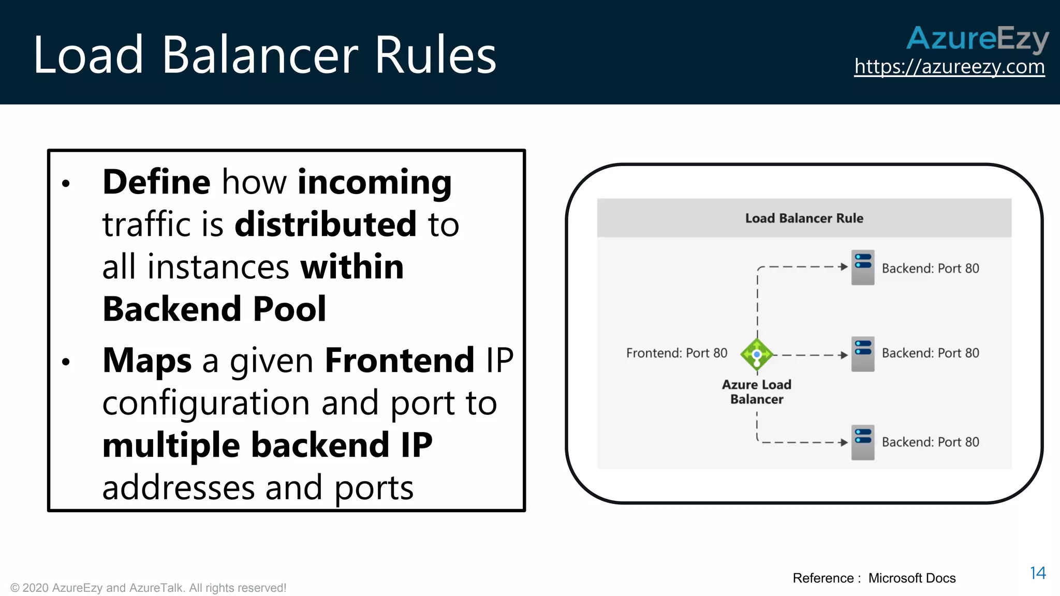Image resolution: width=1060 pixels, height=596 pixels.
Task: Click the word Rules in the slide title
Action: [x=435, y=55]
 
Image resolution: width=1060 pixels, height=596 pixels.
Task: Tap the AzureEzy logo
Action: [x=977, y=38]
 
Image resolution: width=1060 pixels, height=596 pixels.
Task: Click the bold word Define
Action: [x=156, y=182]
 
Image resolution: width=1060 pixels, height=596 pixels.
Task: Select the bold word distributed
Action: [x=326, y=225]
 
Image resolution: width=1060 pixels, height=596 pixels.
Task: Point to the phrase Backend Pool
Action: [x=214, y=309]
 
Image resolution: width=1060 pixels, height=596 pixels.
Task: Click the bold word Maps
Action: [x=147, y=361]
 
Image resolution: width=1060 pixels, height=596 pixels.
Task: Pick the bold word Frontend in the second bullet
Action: [x=399, y=361]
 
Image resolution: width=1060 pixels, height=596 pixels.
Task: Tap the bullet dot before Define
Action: [x=66, y=184]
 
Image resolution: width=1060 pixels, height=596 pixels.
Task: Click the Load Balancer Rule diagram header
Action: [x=804, y=218]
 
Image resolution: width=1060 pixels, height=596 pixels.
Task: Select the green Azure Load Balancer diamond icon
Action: [x=757, y=354]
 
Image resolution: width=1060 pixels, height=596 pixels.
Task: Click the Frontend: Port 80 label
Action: [x=676, y=353]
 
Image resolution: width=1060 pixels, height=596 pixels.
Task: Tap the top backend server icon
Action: [x=863, y=267]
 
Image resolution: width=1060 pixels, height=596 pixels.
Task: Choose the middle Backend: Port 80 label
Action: [x=930, y=353]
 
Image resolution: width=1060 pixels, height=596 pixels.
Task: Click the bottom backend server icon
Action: [x=863, y=442]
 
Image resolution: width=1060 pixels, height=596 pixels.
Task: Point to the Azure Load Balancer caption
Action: [x=757, y=392]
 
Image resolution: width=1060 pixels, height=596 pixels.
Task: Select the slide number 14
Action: [x=1037, y=573]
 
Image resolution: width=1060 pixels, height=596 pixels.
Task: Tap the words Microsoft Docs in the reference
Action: [x=911, y=578]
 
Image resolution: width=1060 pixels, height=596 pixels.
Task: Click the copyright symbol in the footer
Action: [x=15, y=588]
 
